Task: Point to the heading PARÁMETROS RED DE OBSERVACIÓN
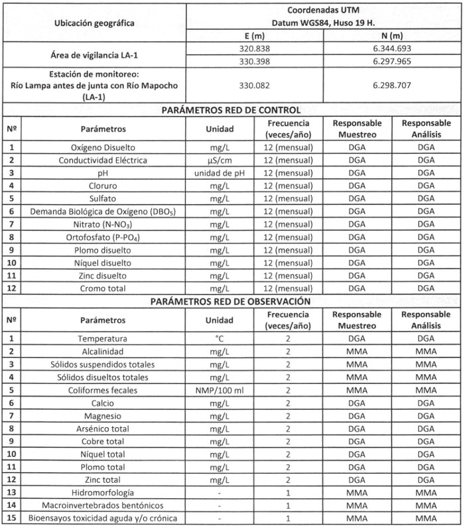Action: point(231,301)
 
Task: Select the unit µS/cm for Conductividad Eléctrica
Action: point(219,160)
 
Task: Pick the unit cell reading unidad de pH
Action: point(219,172)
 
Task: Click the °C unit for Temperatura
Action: point(219,339)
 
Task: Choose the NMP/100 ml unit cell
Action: point(219,391)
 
